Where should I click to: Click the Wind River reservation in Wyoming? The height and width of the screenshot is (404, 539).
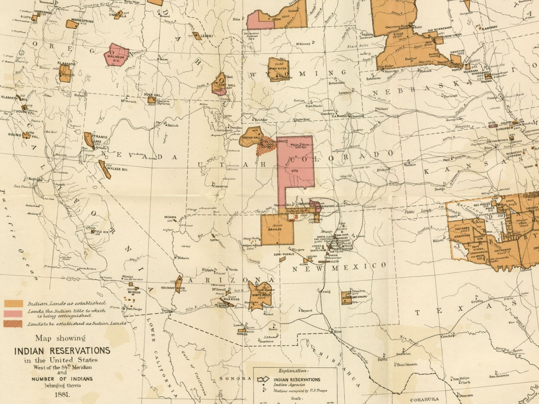point(278,69)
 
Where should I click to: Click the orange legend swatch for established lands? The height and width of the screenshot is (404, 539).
point(13,303)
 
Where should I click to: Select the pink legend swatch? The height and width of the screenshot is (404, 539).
point(13,314)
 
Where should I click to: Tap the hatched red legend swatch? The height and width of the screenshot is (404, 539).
point(13,324)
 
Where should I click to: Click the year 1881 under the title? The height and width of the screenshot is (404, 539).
point(62,395)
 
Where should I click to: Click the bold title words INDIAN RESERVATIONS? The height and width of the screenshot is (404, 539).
point(62,351)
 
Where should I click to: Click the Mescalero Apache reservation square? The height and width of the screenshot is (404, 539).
point(347,297)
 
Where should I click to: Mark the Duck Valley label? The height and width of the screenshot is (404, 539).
point(151,95)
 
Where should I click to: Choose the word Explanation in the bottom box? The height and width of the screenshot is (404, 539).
point(293,371)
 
